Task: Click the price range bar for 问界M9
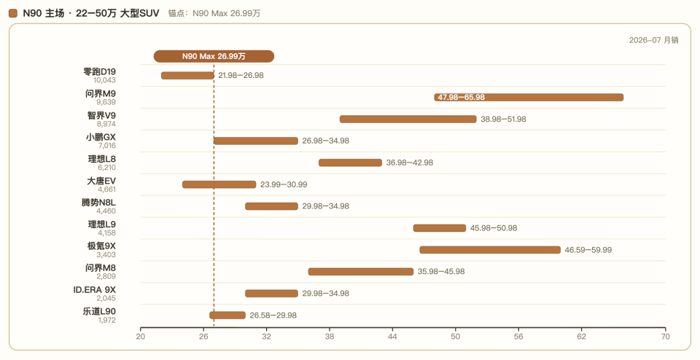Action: [529, 97]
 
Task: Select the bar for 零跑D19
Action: [187, 75]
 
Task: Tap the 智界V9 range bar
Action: [408, 119]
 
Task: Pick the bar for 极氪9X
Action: [490, 250]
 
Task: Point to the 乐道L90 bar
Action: [227, 316]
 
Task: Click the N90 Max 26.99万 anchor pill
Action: [214, 56]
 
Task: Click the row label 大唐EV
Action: [101, 181]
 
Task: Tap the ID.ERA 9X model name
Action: [94, 290]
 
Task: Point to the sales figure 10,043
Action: [104, 80]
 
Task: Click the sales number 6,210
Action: [106, 168]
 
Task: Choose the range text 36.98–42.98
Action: [409, 163]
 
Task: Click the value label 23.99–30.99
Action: [284, 184]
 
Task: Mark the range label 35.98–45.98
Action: [441, 272]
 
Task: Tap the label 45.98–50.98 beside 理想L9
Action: [494, 228]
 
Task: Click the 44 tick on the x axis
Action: [392, 337]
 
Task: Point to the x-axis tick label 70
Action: [665, 337]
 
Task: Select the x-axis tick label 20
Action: [141, 337]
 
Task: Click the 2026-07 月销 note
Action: [653, 40]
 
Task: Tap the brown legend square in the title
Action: [13, 13]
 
